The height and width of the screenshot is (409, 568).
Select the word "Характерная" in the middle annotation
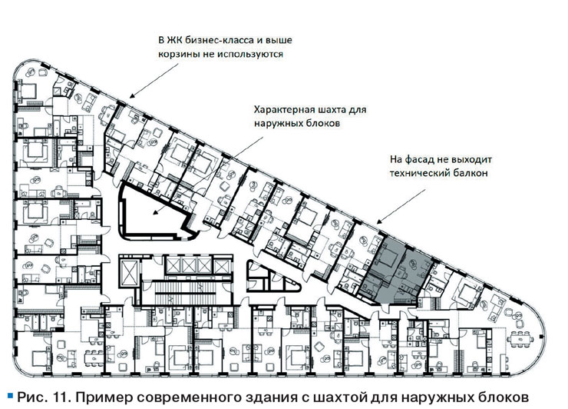click(x=283, y=108)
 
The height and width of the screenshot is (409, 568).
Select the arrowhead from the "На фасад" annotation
click(x=379, y=225)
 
